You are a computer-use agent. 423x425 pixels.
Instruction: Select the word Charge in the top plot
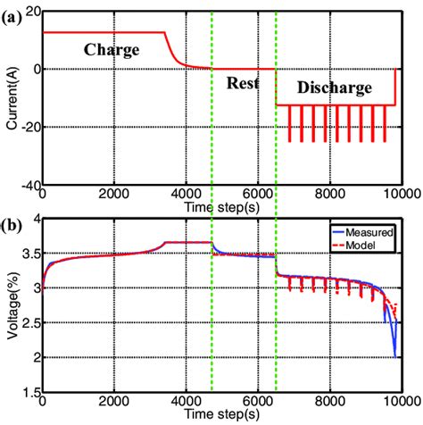click(x=112, y=50)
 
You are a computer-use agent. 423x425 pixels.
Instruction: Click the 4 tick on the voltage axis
click(x=36, y=219)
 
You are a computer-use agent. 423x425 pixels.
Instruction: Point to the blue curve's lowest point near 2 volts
click(x=394, y=357)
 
